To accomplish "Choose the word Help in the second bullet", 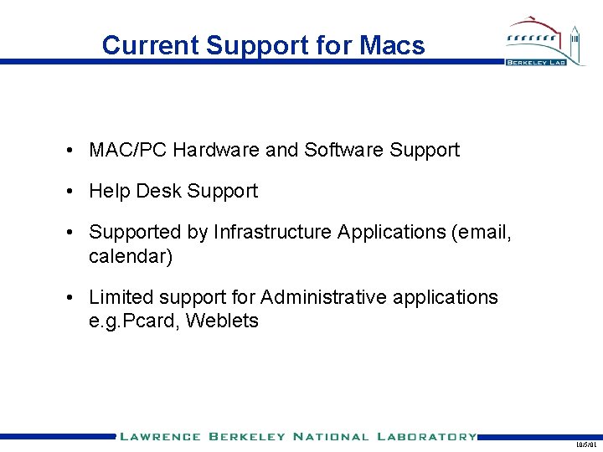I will click(110, 191).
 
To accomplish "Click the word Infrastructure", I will click(272, 232).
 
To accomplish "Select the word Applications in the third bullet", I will click(391, 232).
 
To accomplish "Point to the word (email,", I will click(481, 232).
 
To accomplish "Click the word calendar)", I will click(131, 257).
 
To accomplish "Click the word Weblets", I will click(222, 321).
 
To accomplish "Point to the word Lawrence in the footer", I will click(160, 437).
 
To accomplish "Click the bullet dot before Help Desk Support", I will click(75, 192).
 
